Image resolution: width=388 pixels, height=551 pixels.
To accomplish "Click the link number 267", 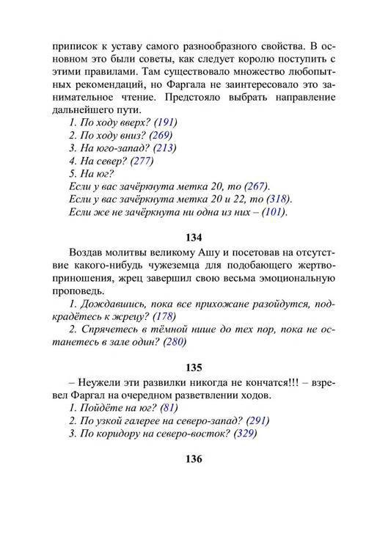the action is (x=255, y=186).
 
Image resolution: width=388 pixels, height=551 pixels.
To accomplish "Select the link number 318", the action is (x=277, y=200).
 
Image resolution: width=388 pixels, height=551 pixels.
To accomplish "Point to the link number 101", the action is (x=273, y=213).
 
